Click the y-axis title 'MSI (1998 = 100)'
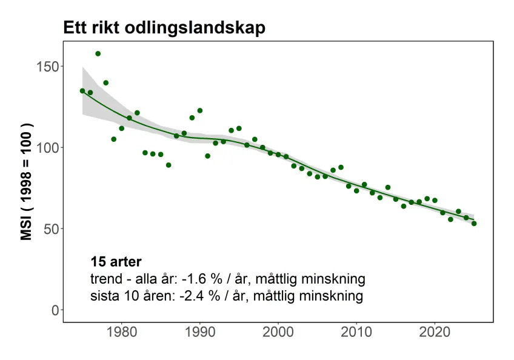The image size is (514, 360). (x=27, y=182)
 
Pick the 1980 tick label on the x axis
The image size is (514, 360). (x=121, y=333)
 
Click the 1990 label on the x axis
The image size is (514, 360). (x=199, y=333)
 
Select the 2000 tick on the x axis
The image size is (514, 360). (x=278, y=333)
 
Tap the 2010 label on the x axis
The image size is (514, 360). (x=356, y=333)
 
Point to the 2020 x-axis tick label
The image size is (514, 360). (x=435, y=333)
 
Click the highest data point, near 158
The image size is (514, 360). (x=98, y=53)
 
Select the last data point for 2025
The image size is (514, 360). (x=474, y=224)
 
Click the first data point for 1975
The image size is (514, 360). (x=82, y=90)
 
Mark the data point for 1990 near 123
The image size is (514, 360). (x=199, y=110)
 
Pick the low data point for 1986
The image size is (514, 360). (x=169, y=165)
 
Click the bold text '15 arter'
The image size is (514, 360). (x=116, y=262)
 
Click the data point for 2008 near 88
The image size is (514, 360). (x=341, y=167)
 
